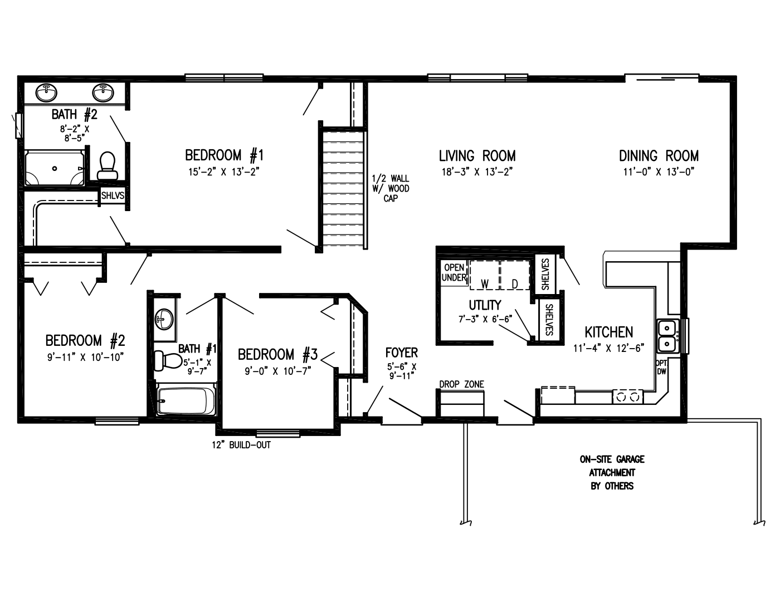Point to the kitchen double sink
tap(667, 336)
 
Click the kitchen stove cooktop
tap(627, 397)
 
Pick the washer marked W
tap(484, 275)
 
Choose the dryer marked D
tap(514, 275)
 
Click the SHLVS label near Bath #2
tap(112, 196)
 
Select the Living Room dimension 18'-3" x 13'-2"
tap(476, 172)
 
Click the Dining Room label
tap(659, 155)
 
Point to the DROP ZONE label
tap(461, 384)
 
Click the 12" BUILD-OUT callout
tap(241, 445)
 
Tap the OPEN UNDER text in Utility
tap(454, 272)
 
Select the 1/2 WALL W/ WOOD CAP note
tap(391, 188)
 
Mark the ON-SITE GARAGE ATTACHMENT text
tap(612, 472)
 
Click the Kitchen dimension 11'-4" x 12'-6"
tap(608, 348)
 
